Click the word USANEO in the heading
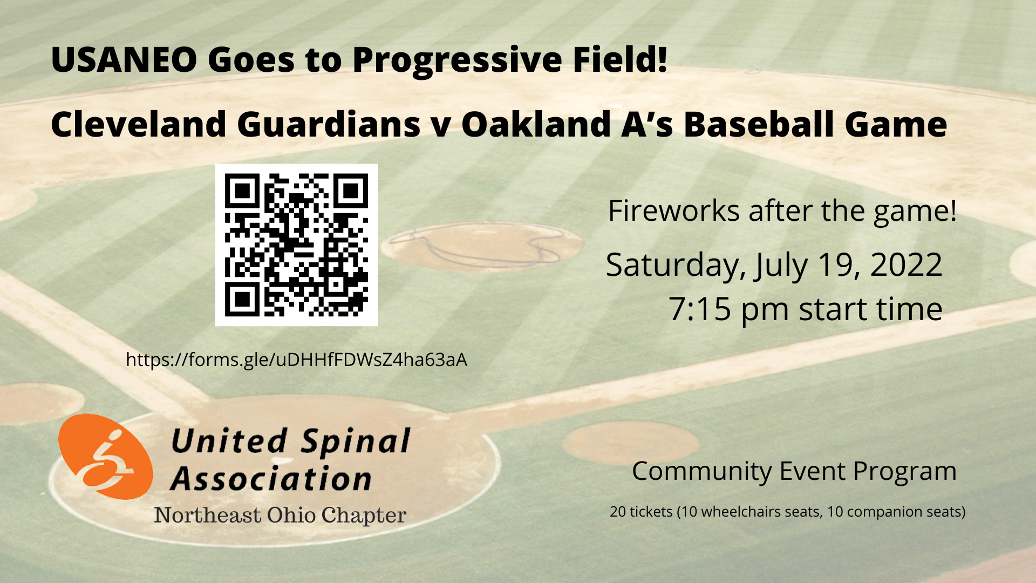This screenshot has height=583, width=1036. click(x=124, y=59)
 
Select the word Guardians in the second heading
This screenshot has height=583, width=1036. click(x=329, y=124)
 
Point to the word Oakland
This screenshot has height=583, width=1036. click(x=536, y=124)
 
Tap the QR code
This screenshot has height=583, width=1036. click(x=296, y=245)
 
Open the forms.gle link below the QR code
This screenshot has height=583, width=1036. click(x=296, y=360)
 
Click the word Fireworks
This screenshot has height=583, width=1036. click(x=673, y=211)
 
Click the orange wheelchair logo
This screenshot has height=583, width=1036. click(x=105, y=457)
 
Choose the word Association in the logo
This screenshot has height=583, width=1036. click(x=271, y=478)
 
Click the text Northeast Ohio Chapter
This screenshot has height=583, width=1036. click(x=280, y=515)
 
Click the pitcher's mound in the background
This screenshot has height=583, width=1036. click(x=482, y=246)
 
